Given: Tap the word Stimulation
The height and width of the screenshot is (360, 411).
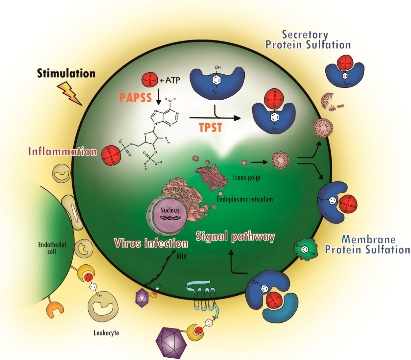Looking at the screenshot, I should click(66, 73).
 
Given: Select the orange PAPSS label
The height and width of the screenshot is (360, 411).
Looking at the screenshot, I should click(135, 98).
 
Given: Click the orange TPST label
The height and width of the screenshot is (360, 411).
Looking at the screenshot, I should click(210, 128).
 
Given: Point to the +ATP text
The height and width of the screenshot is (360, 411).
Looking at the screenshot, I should click(170, 80).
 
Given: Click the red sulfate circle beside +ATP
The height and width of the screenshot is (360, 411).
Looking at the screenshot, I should click(150, 80).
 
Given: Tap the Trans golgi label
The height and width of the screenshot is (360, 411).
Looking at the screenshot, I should click(246, 177).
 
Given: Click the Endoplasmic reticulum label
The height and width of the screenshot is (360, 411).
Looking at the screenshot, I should click(245, 199).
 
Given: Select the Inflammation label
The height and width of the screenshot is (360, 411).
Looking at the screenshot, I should click(62, 151).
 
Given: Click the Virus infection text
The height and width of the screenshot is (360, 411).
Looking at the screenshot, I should click(151, 243).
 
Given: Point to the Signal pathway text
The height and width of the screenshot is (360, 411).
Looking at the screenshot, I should click(235, 236).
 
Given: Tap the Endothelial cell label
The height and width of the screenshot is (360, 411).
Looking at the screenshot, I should click(52, 248).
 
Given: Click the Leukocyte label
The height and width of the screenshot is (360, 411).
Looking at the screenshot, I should click(106, 333).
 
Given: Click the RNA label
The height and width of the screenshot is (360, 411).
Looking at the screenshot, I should click(182, 256).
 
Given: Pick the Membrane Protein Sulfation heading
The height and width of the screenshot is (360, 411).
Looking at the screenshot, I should click(368, 244).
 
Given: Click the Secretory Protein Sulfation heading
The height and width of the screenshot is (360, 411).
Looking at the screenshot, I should click(308, 40).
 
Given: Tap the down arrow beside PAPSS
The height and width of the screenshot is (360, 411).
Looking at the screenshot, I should click(159, 96).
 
